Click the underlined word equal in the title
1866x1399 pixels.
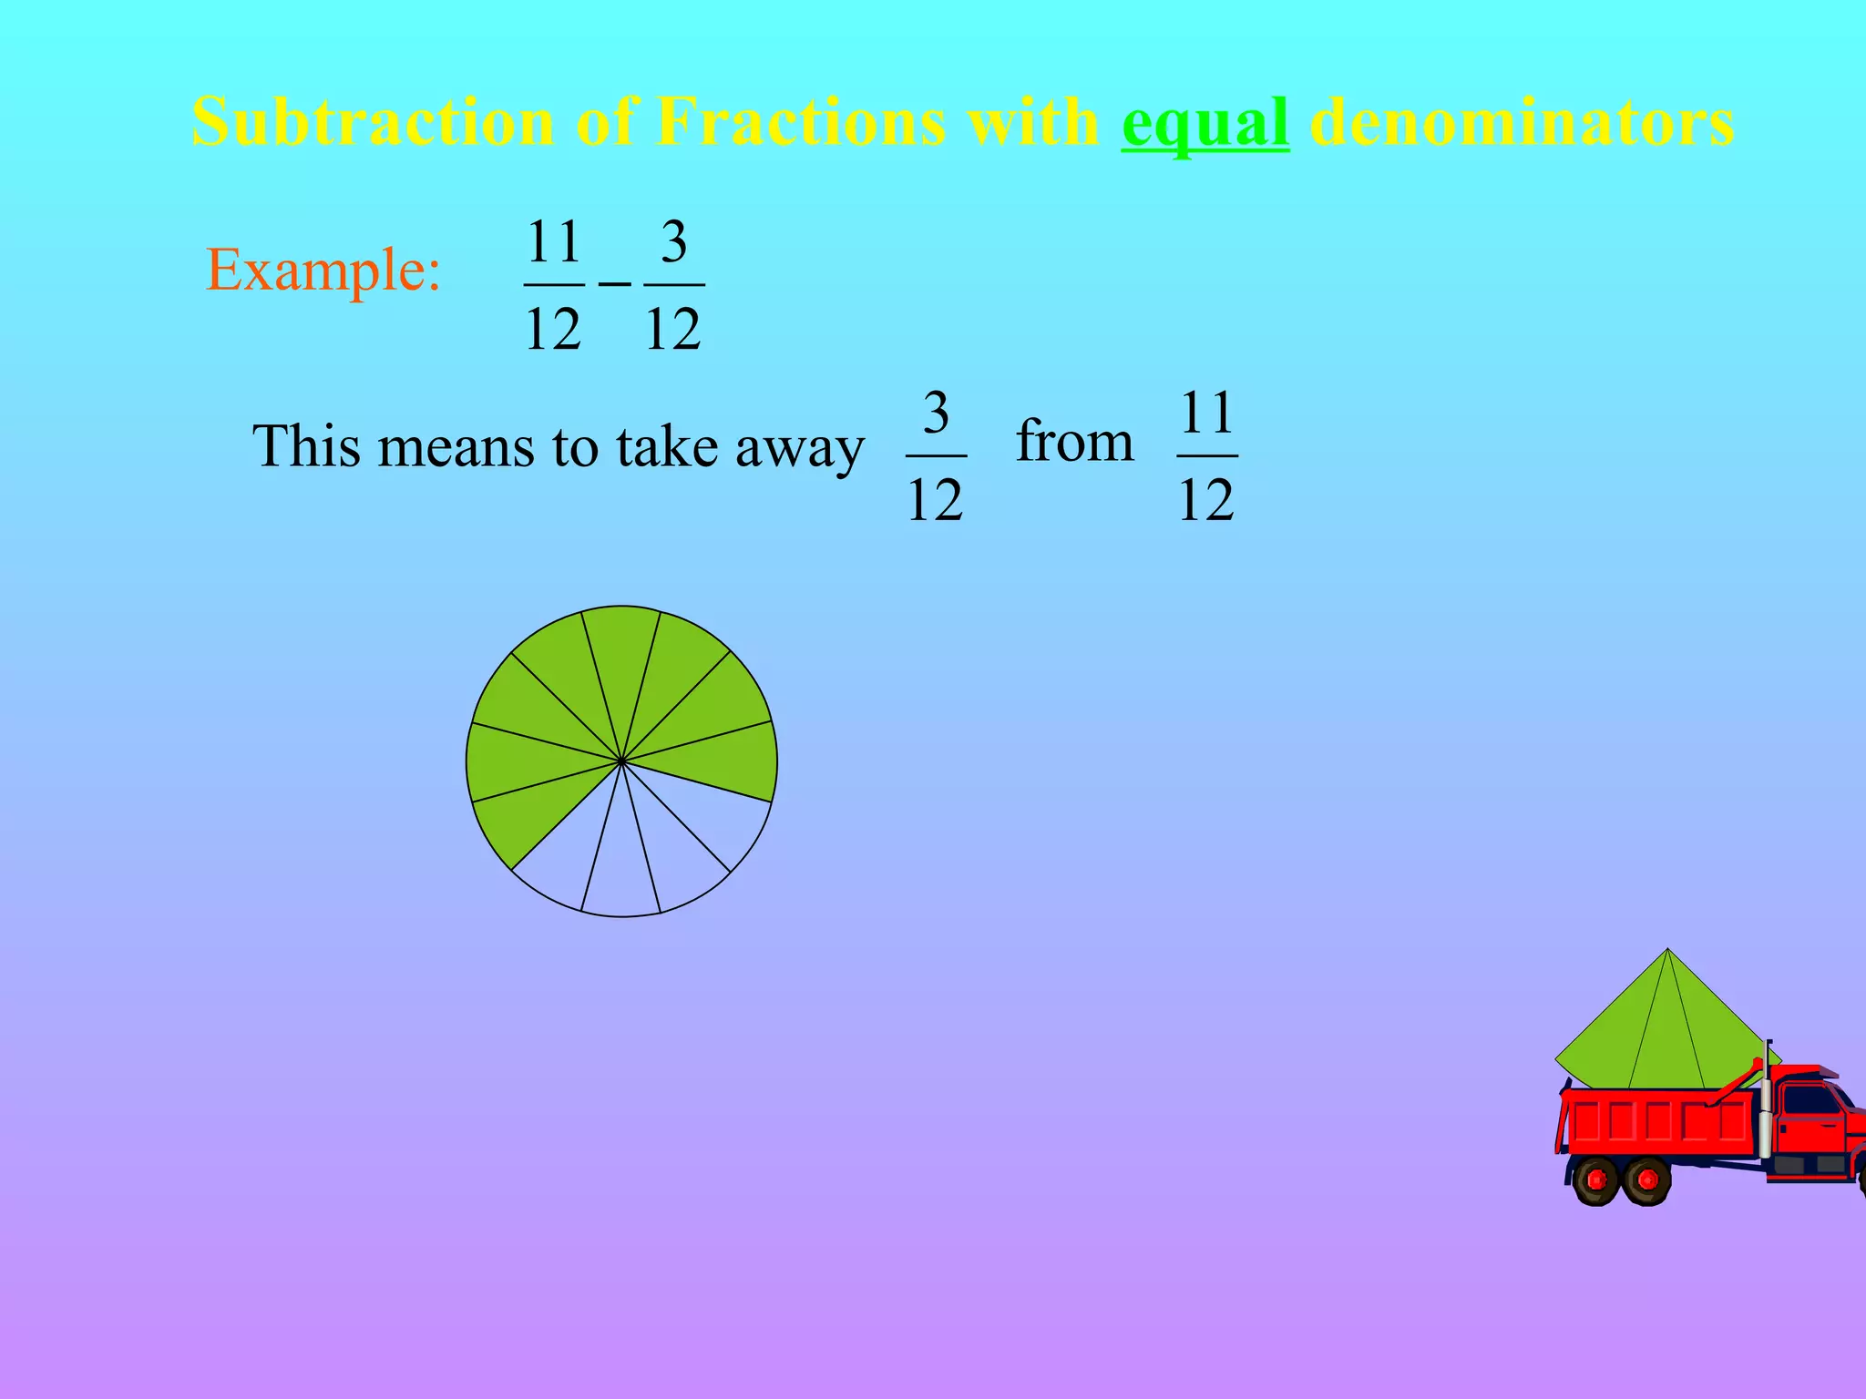point(1205,123)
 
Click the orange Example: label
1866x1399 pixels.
point(323,271)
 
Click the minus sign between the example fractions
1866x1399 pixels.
point(614,285)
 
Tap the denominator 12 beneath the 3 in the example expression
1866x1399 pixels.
point(673,329)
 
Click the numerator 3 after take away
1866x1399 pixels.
point(936,414)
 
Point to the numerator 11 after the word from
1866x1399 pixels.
point(1207,414)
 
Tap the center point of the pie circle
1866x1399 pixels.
point(621,761)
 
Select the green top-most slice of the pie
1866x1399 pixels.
point(621,656)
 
